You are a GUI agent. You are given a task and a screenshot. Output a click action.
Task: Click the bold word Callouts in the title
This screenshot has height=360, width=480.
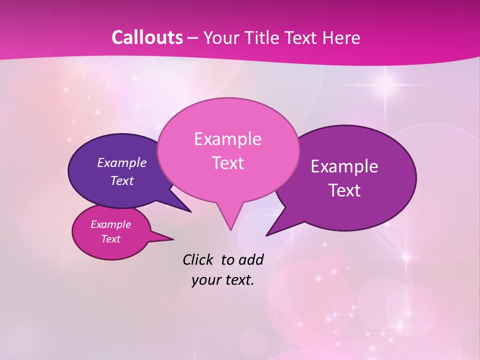pyautogui.click(x=147, y=37)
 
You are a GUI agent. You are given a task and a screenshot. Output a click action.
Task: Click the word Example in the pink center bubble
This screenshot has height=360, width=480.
pyautogui.click(x=227, y=139)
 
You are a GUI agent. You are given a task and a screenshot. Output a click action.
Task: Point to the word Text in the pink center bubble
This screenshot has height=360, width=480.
pyautogui.click(x=227, y=163)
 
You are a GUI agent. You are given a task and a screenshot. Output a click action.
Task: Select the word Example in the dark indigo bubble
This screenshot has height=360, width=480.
pyautogui.click(x=122, y=162)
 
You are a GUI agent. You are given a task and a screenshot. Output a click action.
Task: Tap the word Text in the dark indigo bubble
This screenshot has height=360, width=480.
pyautogui.click(x=122, y=181)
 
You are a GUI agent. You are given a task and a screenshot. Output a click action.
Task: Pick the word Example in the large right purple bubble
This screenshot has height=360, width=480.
pyautogui.click(x=344, y=166)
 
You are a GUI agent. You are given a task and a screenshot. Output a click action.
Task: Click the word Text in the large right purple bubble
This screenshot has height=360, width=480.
pyautogui.click(x=344, y=190)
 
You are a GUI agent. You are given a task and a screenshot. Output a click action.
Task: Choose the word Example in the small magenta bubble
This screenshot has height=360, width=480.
pyautogui.click(x=111, y=224)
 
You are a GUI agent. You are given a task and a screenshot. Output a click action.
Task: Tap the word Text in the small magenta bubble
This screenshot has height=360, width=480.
pyautogui.click(x=111, y=239)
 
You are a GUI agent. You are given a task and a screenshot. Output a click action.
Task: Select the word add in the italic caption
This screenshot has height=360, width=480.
pyautogui.click(x=250, y=259)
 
